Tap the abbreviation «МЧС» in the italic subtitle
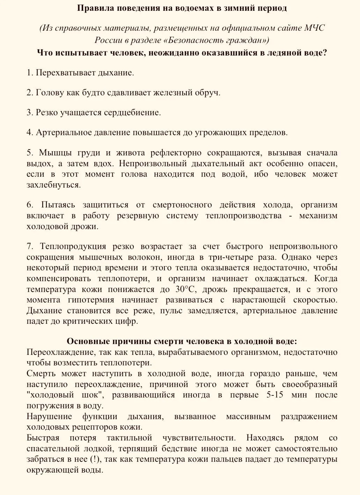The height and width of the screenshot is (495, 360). (314, 28)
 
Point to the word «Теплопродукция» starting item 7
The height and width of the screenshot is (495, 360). (73, 247)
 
